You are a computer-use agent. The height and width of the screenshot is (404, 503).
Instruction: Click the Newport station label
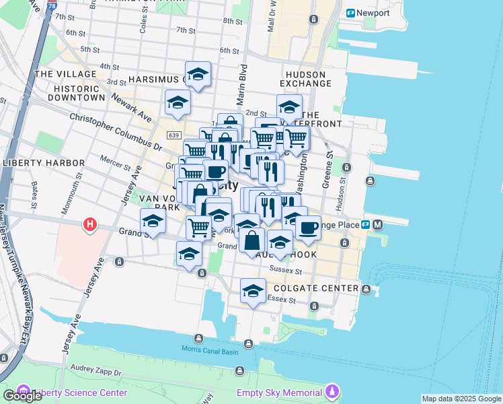pyautogui.click(x=373, y=13)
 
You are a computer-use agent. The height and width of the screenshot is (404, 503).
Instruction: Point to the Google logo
pyautogui.click(x=22, y=396)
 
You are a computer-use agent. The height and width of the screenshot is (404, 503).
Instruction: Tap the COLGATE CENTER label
pyautogui.click(x=321, y=288)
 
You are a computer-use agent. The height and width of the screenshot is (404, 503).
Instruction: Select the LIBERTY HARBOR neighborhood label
pyautogui.click(x=44, y=163)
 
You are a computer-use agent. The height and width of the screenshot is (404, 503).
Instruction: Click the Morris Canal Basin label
pyautogui.click(x=210, y=348)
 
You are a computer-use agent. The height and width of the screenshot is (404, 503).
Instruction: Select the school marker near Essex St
pyautogui.click(x=252, y=291)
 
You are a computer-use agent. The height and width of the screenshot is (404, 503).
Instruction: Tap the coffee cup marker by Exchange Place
pyautogui.click(x=308, y=228)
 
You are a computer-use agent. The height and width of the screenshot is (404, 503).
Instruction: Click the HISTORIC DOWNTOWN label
pyautogui.click(x=79, y=93)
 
